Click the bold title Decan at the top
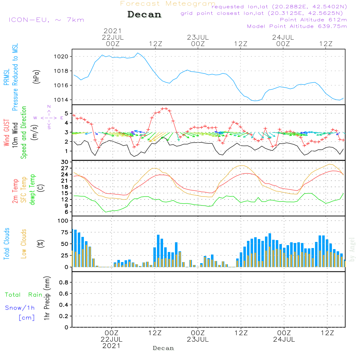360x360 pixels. tap(144, 14)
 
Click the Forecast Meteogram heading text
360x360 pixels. tap(168, 4)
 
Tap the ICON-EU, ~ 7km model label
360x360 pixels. tap(46, 20)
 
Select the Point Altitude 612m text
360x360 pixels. tap(313, 20)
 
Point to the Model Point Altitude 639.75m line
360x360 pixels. tap(297, 26)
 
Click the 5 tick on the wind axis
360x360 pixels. tap(67, 113)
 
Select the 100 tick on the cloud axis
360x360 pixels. tap(64, 220)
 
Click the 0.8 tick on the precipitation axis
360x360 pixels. tap(64, 283)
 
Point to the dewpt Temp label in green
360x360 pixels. tap(32, 190)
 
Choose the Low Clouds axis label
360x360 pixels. tap(24, 244)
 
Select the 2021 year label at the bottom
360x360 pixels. tap(112, 346)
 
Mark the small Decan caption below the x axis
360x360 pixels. tap(163, 348)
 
